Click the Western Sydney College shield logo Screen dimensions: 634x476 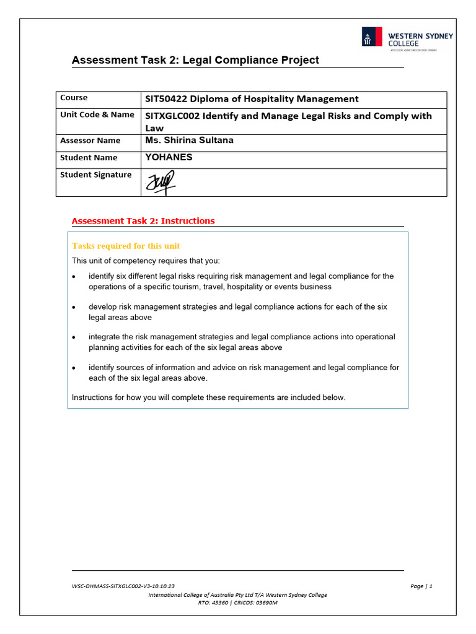[372, 37]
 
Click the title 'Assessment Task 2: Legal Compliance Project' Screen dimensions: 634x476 [195, 60]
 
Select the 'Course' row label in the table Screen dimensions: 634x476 [74, 98]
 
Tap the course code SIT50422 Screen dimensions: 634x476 [165, 99]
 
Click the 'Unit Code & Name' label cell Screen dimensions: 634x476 [97, 115]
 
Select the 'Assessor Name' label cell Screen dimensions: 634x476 [90, 141]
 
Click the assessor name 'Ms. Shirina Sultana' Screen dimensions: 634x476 [189, 141]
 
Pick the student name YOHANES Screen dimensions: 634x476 [169, 157]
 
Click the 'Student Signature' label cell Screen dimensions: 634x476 [95, 175]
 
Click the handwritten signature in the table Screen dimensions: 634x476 [160, 183]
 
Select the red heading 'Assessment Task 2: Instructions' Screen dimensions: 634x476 [143, 221]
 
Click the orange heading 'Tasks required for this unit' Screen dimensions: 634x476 [126, 246]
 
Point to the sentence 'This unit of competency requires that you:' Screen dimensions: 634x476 [146, 260]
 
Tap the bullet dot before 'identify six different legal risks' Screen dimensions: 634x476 [74, 277]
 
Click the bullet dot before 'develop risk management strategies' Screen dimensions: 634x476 [74, 307]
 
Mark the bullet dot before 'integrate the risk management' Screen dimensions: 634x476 [74, 337]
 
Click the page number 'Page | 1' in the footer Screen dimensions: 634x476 [421, 586]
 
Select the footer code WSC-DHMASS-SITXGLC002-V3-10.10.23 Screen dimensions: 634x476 [123, 586]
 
